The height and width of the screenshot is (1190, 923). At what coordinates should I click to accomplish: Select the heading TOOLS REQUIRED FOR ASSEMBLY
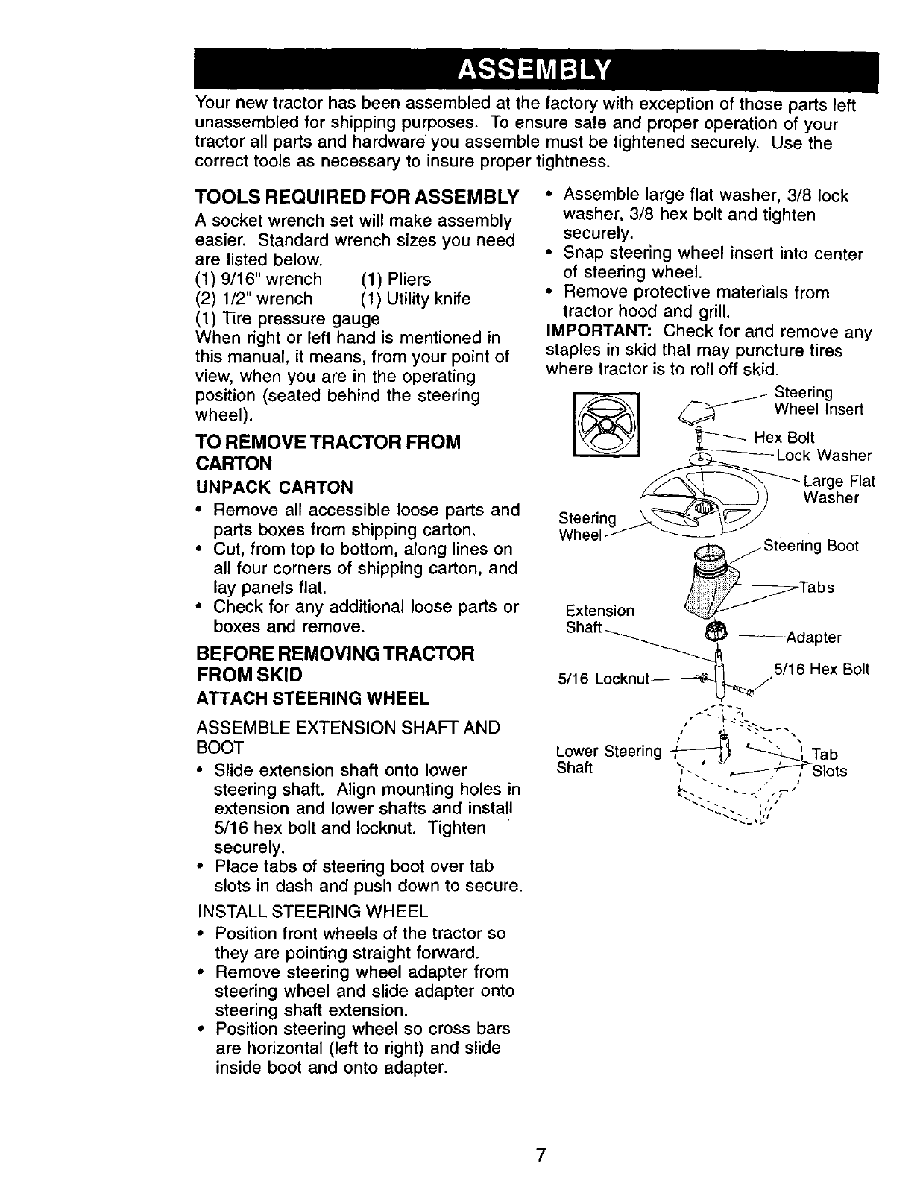pyautogui.click(x=356, y=197)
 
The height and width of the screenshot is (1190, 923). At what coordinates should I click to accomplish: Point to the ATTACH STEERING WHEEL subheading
pyautogui.click(x=312, y=699)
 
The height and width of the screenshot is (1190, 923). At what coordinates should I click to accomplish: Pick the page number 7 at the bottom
pyautogui.click(x=541, y=1155)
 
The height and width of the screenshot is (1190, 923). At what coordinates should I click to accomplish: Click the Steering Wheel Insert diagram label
pyautogui.click(x=818, y=400)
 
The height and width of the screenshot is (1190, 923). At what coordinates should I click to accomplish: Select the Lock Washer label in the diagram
pyautogui.click(x=823, y=455)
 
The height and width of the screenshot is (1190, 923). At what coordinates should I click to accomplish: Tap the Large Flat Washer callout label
pyautogui.click(x=838, y=489)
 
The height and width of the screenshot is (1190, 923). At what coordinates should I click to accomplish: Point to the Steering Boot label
pyautogui.click(x=810, y=546)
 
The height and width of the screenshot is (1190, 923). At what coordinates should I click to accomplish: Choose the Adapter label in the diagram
pyautogui.click(x=813, y=637)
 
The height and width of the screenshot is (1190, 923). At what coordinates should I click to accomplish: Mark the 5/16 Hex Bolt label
pyautogui.click(x=822, y=669)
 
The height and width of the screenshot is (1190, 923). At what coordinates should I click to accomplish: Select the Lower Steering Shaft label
pyautogui.click(x=608, y=758)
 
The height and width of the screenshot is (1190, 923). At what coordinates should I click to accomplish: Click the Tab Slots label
pyautogui.click(x=828, y=762)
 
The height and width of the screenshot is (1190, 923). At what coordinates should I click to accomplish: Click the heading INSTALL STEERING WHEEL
pyautogui.click(x=313, y=911)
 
